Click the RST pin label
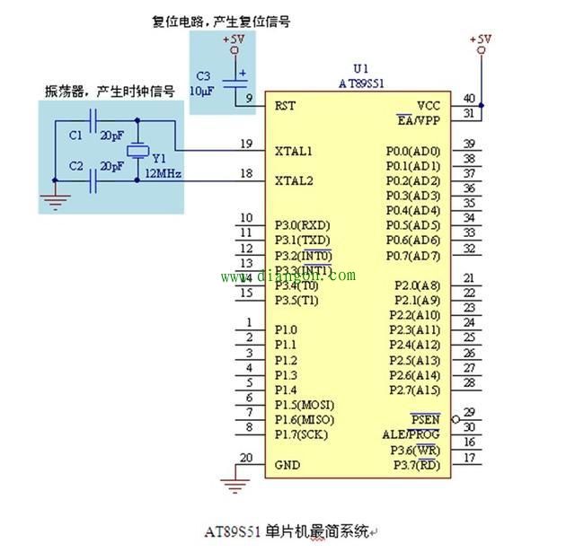tap(285, 105)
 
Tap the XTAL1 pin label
tap(294, 150)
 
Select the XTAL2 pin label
tap(294, 180)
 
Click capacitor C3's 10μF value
tap(200, 91)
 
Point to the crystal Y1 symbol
tap(137, 152)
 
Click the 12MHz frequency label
tap(164, 172)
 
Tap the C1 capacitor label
tap(75, 136)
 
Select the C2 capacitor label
tap(75, 167)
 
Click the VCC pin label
tap(429, 105)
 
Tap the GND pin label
tap(287, 465)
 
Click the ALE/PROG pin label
tap(411, 434)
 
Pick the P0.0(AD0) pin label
tap(412, 151)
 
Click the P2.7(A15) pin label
tap(414, 390)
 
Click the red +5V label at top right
tap(482, 39)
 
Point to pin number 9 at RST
tap(249, 99)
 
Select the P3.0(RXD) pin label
tap(302, 224)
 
